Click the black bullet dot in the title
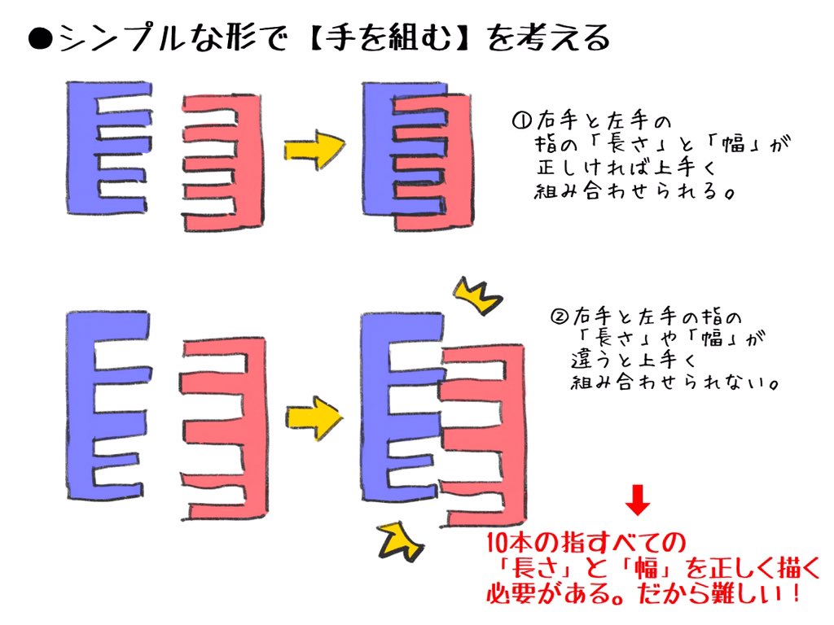click(40, 39)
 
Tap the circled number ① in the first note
click(520, 122)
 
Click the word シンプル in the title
click(122, 39)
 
